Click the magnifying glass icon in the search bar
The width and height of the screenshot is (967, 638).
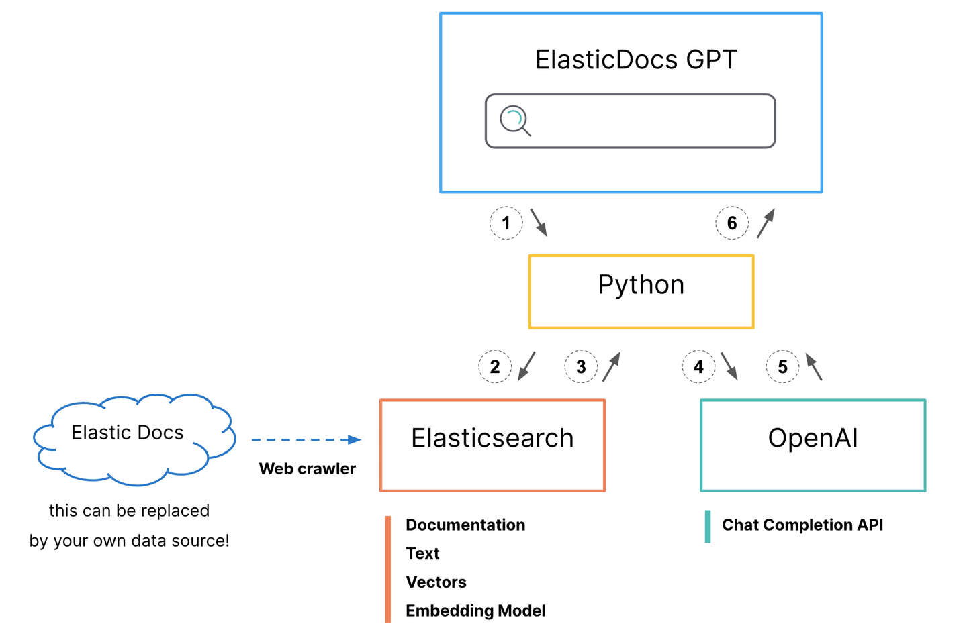(515, 121)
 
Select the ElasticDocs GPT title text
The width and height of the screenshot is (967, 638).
(635, 60)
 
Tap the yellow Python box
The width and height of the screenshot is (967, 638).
(641, 291)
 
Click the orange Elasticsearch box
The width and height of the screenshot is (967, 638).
(492, 445)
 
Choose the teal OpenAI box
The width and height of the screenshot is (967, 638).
(813, 445)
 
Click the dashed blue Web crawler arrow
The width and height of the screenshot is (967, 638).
(306, 440)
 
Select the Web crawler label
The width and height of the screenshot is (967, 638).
(307, 468)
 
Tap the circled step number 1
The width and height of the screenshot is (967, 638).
(506, 223)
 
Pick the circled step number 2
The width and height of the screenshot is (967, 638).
(495, 367)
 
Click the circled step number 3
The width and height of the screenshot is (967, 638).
(581, 367)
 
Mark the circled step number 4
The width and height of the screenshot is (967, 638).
(698, 367)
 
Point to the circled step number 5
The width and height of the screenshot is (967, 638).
(782, 367)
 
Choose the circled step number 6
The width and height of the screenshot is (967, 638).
(732, 223)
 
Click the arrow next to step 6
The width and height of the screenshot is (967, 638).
(766, 223)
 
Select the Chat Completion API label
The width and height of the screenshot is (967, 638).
(802, 525)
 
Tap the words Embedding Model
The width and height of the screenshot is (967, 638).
(475, 610)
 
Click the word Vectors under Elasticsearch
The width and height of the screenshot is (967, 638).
(436, 582)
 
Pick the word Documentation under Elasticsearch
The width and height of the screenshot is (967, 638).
(465, 525)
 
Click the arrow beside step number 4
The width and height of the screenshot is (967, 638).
(729, 366)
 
